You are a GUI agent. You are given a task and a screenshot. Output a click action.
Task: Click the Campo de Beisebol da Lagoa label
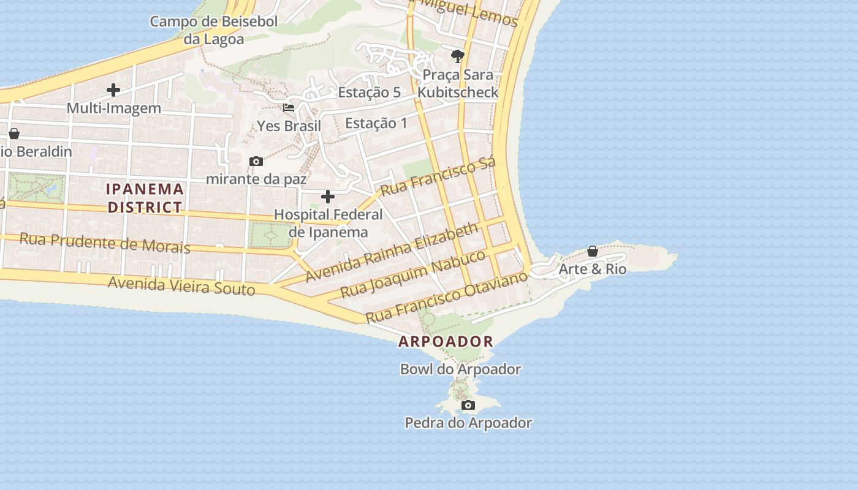(214, 31)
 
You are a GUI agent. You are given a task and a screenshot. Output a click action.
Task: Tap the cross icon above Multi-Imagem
(113, 91)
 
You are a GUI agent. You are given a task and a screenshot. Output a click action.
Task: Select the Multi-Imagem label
(113, 108)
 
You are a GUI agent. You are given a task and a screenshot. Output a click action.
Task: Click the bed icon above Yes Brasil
(289, 108)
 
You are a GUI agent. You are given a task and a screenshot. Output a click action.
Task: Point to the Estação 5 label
(369, 92)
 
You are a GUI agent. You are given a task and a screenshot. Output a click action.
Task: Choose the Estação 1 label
(376, 123)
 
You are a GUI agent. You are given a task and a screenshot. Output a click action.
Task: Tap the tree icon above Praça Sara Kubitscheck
(457, 57)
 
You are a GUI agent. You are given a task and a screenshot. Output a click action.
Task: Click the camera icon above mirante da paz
(256, 162)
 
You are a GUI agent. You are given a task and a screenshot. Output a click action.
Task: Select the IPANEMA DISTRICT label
(145, 198)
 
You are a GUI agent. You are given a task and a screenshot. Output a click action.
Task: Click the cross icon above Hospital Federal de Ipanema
(328, 197)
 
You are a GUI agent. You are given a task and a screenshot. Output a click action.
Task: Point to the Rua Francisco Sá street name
(438, 177)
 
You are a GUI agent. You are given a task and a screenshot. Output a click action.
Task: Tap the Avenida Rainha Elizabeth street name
(392, 252)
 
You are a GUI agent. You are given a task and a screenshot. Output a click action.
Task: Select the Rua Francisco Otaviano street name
(446, 297)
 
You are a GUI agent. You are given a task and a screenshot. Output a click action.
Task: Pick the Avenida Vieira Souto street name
(181, 285)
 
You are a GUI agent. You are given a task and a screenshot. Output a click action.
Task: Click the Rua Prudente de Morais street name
(105, 243)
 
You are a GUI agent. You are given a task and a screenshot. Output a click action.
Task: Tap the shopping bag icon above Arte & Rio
(593, 252)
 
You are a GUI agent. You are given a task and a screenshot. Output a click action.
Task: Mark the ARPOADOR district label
(446, 342)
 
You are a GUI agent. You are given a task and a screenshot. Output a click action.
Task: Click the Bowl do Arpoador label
(460, 369)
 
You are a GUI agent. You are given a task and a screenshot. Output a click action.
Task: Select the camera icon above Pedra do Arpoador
(468, 405)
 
